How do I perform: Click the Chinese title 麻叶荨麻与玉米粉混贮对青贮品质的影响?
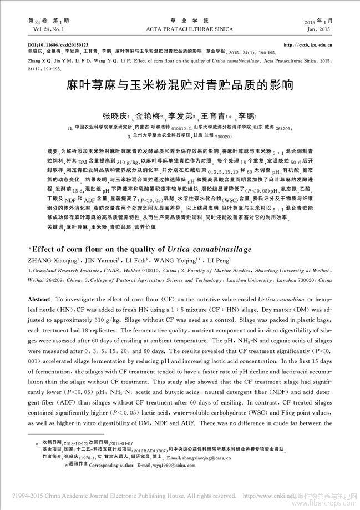tap(179, 87)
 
